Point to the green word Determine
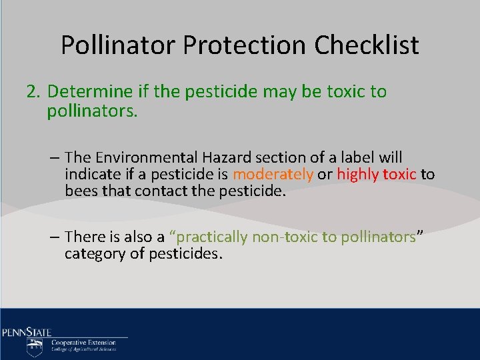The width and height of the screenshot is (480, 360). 86,91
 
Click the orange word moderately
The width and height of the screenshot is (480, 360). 273,175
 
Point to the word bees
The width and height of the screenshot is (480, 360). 81,191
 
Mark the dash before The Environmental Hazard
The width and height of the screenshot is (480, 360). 54,158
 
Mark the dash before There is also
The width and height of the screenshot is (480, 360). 54,237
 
